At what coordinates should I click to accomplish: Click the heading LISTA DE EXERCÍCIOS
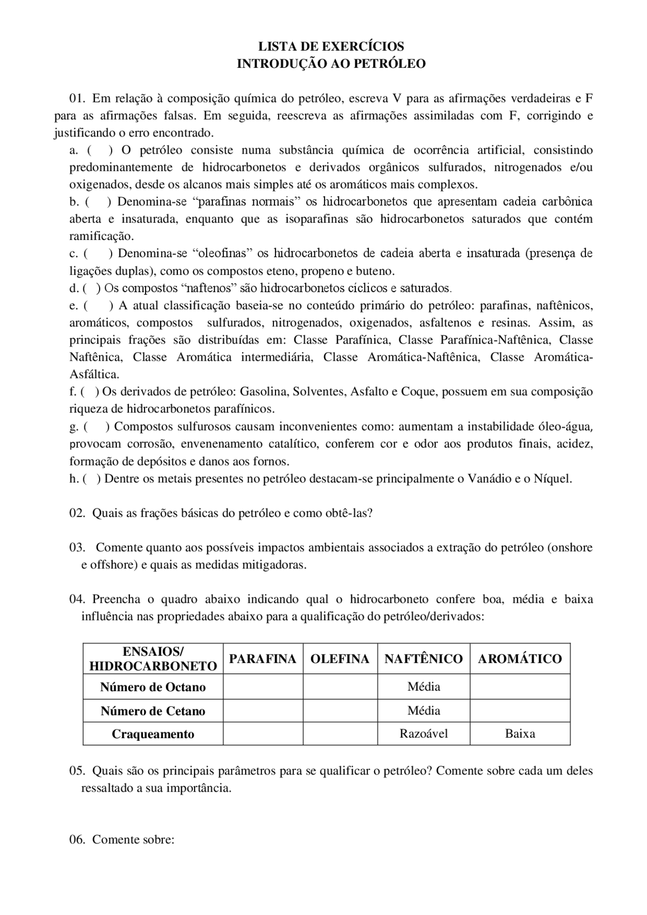click(331, 46)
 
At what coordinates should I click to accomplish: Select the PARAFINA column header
click(262, 659)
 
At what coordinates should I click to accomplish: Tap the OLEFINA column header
click(340, 659)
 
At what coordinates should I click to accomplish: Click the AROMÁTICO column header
click(520, 659)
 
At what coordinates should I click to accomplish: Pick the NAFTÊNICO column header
click(424, 659)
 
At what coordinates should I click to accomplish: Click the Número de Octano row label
click(153, 687)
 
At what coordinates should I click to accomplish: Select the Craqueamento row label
click(153, 734)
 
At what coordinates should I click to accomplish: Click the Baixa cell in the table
click(520, 734)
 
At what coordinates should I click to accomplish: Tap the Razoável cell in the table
click(424, 734)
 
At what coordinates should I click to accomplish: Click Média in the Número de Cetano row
click(424, 710)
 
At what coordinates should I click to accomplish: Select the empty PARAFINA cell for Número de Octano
click(262, 687)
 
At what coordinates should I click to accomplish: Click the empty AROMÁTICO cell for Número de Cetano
click(520, 710)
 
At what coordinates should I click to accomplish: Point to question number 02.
click(77, 513)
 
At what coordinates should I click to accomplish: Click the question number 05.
click(77, 771)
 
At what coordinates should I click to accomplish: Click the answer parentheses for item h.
click(91, 478)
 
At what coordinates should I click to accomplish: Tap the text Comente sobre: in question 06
click(133, 840)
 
